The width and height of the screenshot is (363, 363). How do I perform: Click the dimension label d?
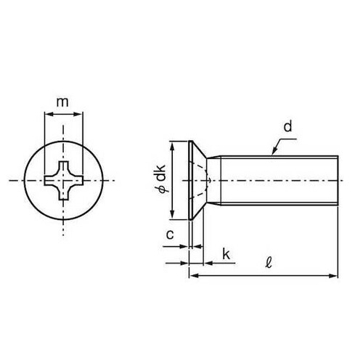[287, 128]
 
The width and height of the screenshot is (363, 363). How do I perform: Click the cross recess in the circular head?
[64, 178]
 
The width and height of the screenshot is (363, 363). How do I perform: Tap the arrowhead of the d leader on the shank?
[273, 153]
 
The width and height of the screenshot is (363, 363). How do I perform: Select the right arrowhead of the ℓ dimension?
[335, 275]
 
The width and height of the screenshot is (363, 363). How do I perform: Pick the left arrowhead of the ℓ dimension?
[192, 275]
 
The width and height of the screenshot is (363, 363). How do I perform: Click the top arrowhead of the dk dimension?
[173, 144]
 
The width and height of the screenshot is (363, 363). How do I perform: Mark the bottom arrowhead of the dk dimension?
[173, 215]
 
